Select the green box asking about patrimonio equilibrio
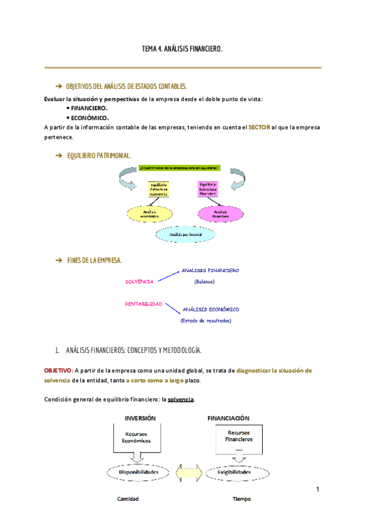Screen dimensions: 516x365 179,168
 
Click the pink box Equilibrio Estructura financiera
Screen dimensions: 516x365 208,189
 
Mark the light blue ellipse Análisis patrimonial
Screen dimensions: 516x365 186,234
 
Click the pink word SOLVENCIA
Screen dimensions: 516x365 139,282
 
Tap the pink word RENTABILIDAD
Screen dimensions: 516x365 144,303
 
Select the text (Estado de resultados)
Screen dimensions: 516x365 206,321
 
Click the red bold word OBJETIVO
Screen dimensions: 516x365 57,370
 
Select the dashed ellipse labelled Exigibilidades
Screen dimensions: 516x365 234,472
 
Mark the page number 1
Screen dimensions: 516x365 318,489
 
